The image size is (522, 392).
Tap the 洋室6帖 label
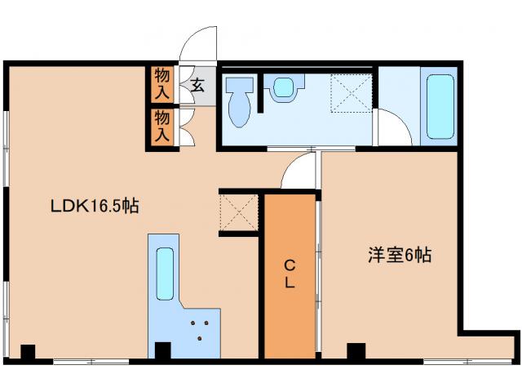(399, 255)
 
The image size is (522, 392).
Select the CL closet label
(290, 275)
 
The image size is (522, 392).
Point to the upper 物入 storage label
(162, 82)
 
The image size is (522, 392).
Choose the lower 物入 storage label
(162, 127)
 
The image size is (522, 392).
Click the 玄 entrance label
(198, 83)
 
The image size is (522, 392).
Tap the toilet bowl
(239, 103)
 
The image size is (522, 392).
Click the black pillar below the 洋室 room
(356, 352)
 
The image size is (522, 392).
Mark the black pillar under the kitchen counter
(161, 351)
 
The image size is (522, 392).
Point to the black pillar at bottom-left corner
(28, 353)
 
